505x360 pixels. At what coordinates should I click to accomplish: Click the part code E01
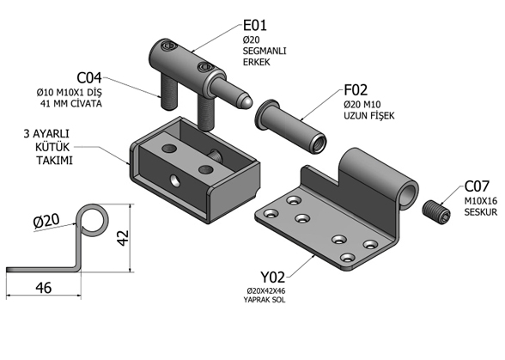[255, 25]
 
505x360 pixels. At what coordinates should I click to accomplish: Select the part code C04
[89, 78]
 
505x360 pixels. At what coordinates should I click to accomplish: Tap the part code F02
[356, 90]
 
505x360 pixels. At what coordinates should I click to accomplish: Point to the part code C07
[477, 186]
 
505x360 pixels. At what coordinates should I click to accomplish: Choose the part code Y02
[273, 277]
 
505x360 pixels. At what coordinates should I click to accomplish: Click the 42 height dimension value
[123, 238]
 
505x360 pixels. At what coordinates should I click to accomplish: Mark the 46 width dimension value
[44, 288]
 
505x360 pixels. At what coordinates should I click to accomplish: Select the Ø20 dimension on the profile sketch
[46, 221]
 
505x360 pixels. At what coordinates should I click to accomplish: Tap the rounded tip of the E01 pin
[245, 101]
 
